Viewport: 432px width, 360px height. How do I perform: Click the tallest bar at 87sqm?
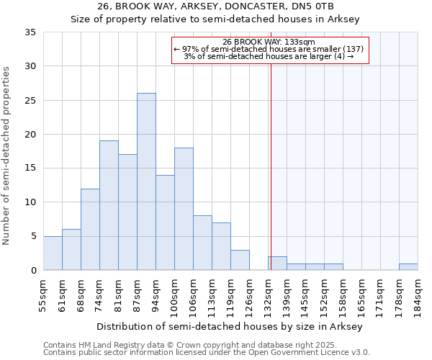(x=146, y=181)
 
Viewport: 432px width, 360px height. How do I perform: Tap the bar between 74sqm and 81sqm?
(x=109, y=205)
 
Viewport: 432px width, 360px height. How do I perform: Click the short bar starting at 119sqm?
(x=240, y=260)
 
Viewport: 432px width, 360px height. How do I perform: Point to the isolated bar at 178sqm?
(x=408, y=266)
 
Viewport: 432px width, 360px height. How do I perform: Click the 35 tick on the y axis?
(x=30, y=32)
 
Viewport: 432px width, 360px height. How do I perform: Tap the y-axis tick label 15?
(x=30, y=168)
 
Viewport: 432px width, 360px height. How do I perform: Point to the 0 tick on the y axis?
(x=33, y=270)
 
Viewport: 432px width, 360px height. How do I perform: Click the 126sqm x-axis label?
(x=249, y=295)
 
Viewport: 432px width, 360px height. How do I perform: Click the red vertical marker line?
(x=271, y=180)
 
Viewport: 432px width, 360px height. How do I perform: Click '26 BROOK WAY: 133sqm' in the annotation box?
(x=269, y=42)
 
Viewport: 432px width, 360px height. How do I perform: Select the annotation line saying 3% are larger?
(x=269, y=56)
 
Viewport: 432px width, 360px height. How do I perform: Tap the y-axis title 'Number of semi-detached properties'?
(x=7, y=156)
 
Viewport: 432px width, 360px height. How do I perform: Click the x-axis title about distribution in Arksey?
(x=229, y=327)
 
